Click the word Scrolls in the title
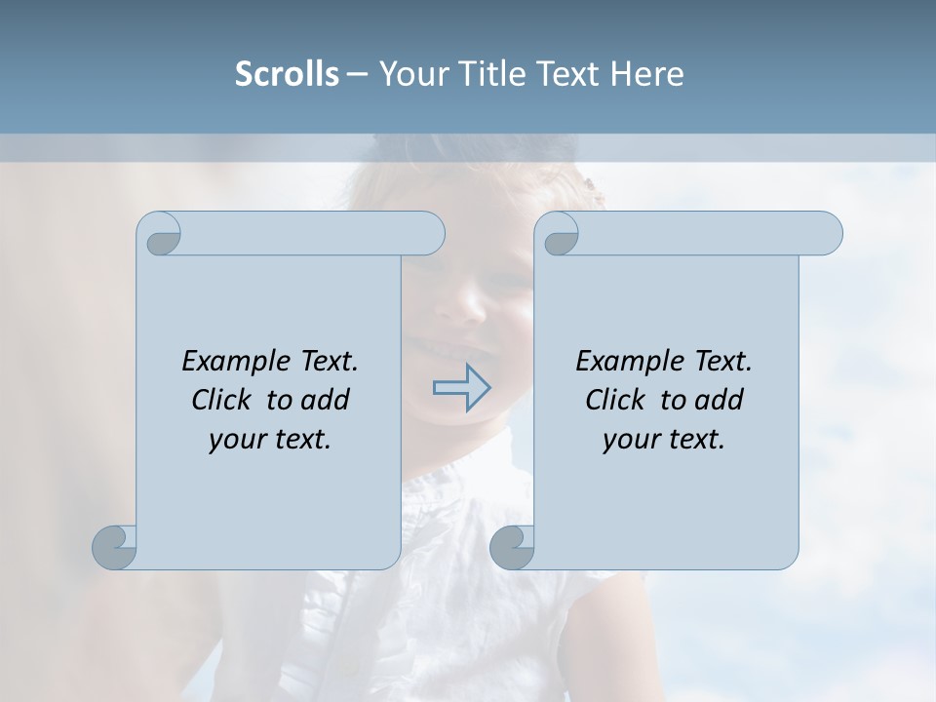point(287,73)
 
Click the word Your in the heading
point(409,73)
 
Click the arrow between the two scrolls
point(462,387)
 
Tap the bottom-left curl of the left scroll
point(115,547)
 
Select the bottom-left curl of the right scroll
point(512,547)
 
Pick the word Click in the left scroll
point(221,400)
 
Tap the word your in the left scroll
point(235,440)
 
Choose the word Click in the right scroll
point(615,400)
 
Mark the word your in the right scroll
point(629,440)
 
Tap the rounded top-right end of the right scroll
point(824,234)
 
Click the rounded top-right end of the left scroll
point(427,234)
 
